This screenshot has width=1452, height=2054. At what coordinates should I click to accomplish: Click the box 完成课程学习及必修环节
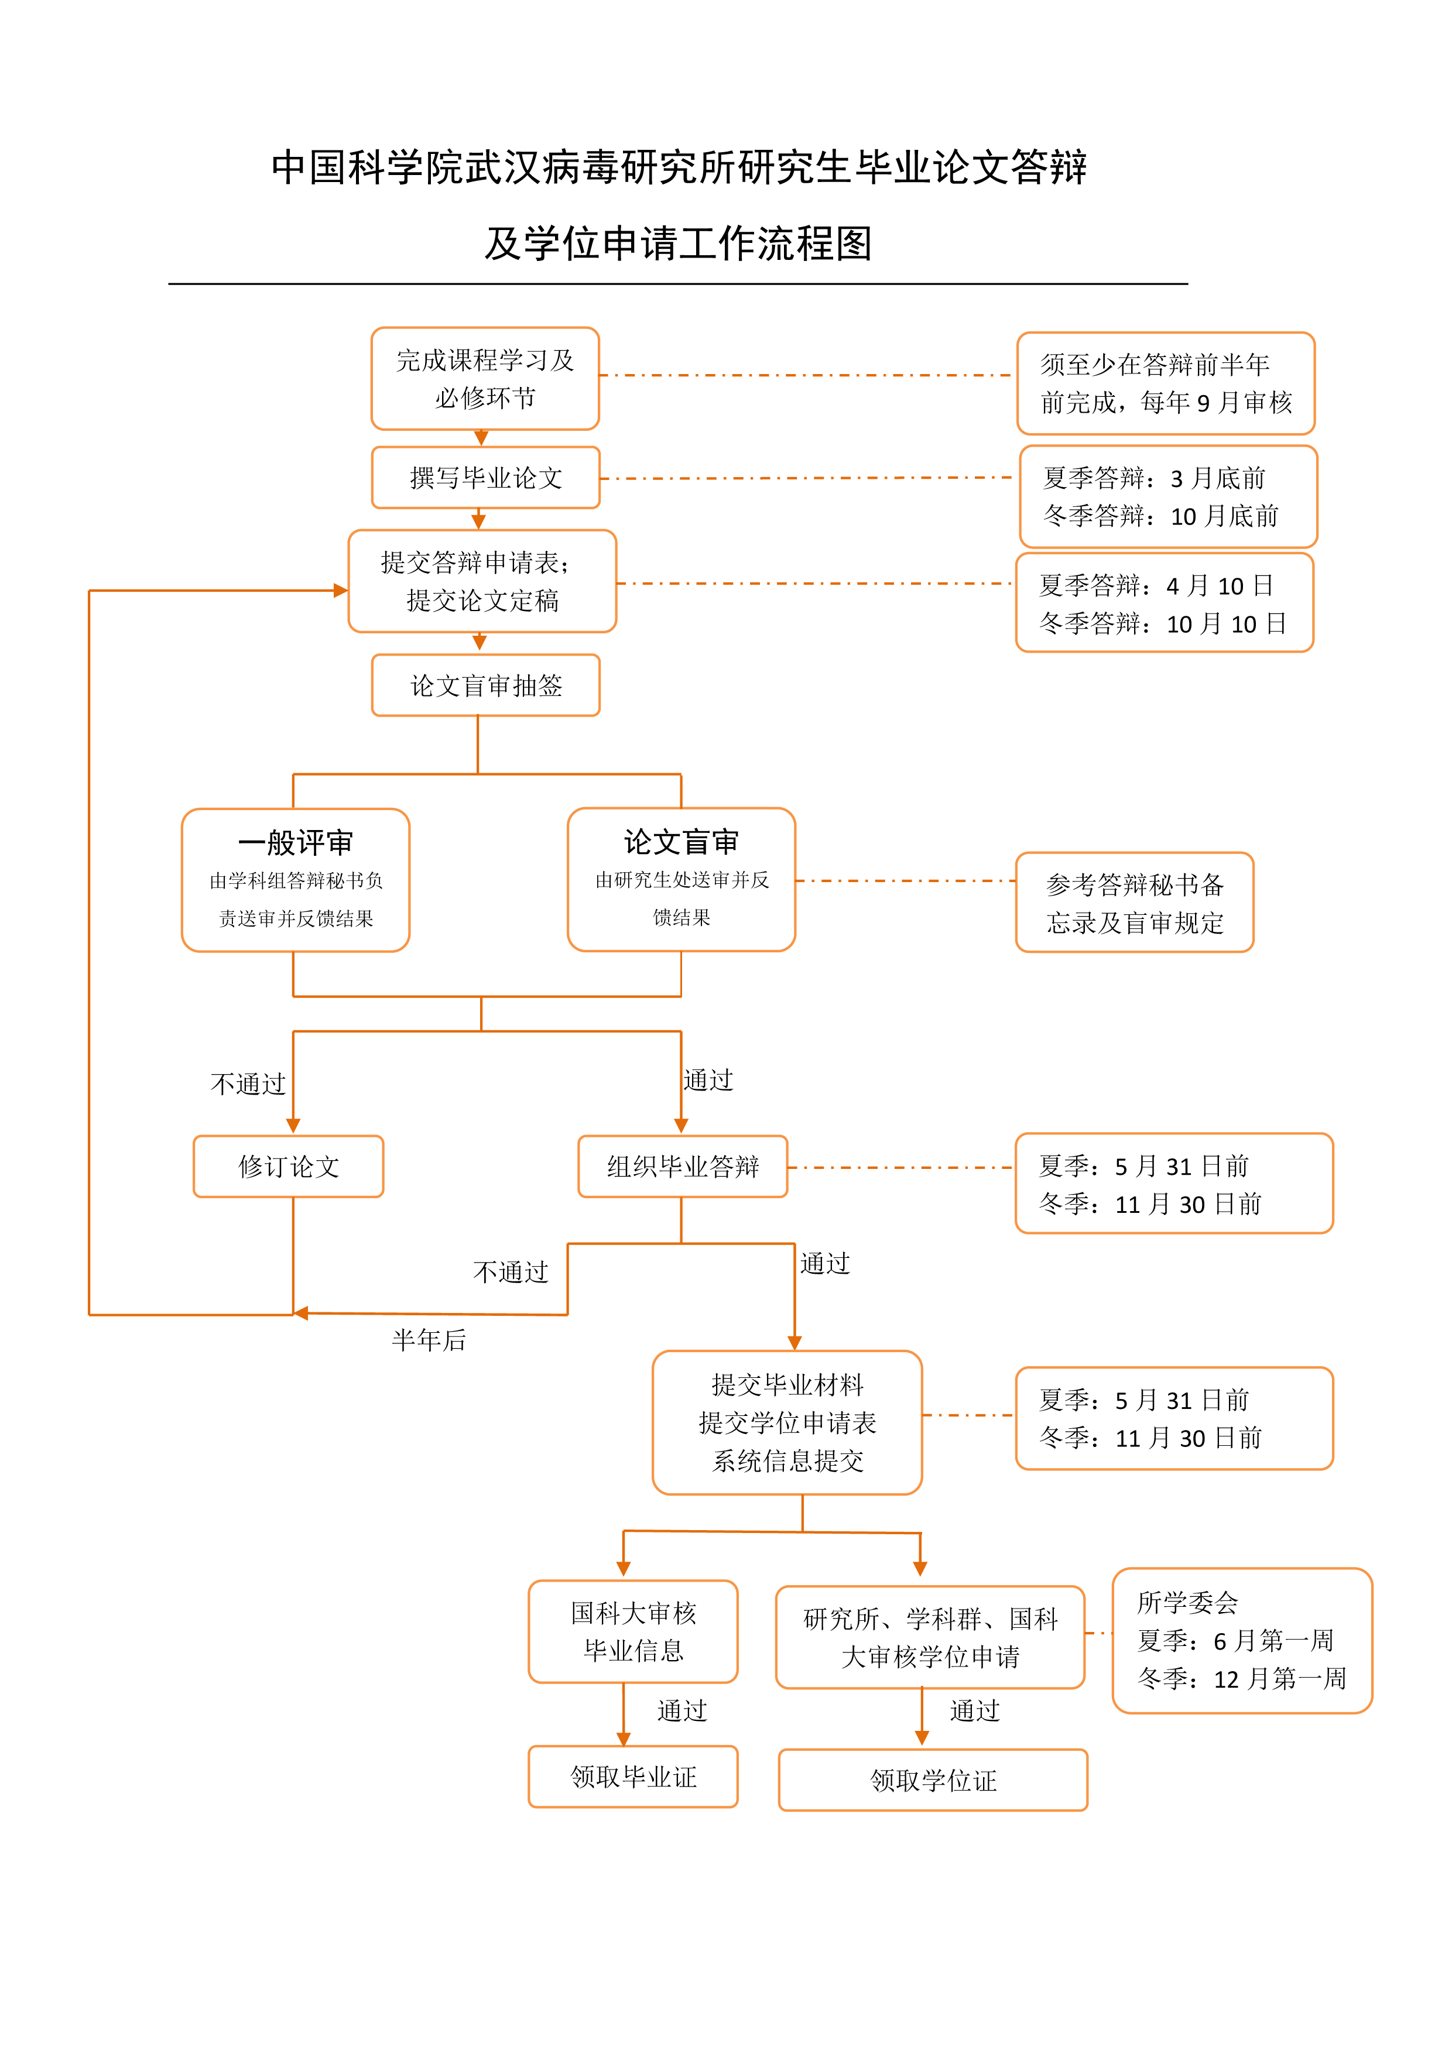pyautogui.click(x=485, y=378)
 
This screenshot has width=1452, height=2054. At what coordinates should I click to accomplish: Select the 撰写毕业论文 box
pyautogui.click(x=485, y=478)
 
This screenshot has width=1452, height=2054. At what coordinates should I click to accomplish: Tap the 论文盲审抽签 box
pyautogui.click(x=485, y=685)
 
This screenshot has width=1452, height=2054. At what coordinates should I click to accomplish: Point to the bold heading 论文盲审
pyautogui.click(x=681, y=841)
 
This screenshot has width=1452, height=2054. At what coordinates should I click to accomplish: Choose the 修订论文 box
pyautogui.click(x=288, y=1167)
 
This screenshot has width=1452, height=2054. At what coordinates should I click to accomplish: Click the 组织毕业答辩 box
pyautogui.click(x=683, y=1167)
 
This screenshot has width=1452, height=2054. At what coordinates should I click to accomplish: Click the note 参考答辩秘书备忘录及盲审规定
pyautogui.click(x=1135, y=903)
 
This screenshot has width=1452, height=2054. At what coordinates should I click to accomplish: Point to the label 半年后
pyautogui.click(x=429, y=1340)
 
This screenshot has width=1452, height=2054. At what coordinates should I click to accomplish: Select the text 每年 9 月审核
pyautogui.click(x=1217, y=403)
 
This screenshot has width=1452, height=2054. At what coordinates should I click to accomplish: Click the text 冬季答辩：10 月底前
pyautogui.click(x=1160, y=516)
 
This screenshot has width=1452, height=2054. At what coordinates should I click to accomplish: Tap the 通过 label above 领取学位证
pyautogui.click(x=974, y=1710)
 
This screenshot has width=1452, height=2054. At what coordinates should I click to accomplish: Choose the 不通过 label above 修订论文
pyautogui.click(x=248, y=1084)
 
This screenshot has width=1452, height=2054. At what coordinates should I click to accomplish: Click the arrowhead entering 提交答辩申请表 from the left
pyautogui.click(x=341, y=591)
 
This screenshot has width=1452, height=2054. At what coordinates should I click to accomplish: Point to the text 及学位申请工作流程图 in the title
pyautogui.click(x=678, y=244)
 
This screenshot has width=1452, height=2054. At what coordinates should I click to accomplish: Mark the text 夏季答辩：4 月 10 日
pyautogui.click(x=1156, y=586)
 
